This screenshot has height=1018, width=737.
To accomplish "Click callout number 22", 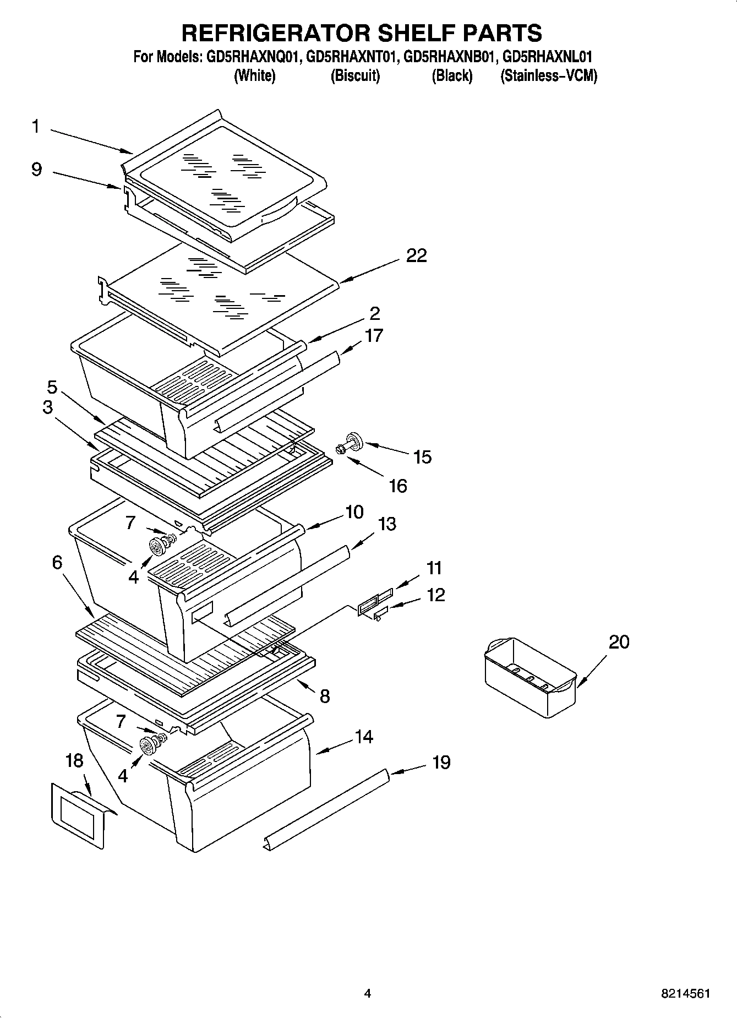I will click(416, 256).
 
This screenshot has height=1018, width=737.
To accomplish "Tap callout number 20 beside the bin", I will click(619, 642).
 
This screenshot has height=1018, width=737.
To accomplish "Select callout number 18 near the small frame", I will click(74, 761).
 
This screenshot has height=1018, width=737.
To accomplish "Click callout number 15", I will click(422, 457).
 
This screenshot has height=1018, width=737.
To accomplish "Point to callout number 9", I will click(36, 168).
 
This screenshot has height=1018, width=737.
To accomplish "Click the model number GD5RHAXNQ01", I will click(253, 57).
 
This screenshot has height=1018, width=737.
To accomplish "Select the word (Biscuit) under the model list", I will click(355, 76).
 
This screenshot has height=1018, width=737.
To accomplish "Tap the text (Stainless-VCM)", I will click(548, 76).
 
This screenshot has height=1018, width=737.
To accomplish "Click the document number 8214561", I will click(685, 994).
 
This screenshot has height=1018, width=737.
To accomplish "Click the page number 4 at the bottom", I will click(367, 994).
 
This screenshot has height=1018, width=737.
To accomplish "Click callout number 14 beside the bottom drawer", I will click(364, 737).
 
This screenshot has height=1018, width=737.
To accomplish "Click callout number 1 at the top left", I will click(35, 127).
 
